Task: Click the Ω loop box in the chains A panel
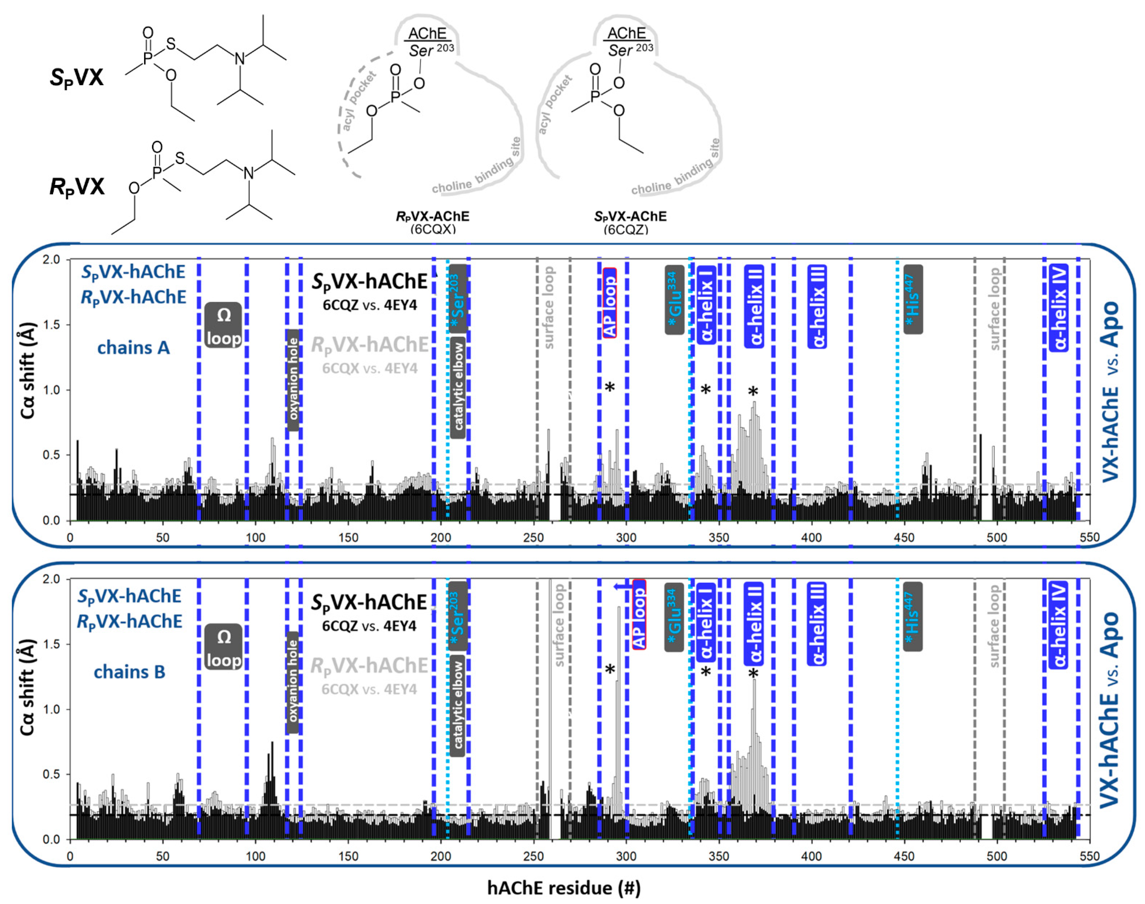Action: (223, 325)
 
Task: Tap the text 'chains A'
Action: (133, 348)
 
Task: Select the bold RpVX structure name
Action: (77, 187)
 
